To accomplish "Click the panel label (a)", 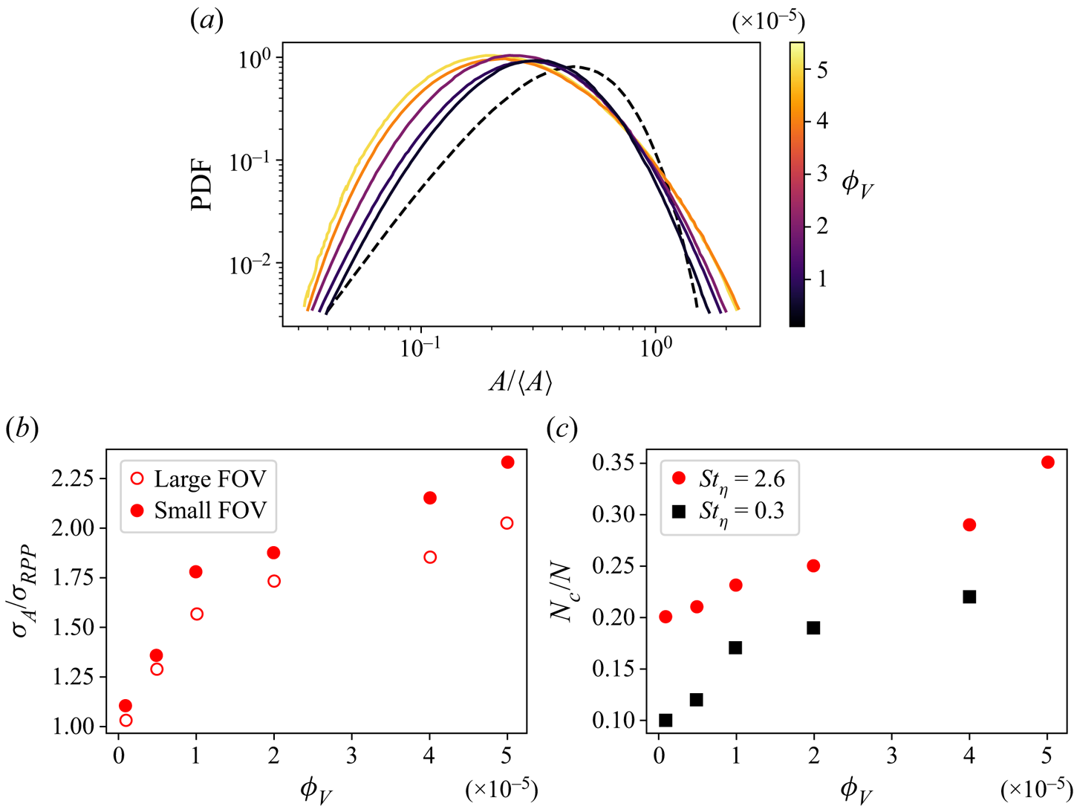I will (x=207, y=20).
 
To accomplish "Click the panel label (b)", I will (x=22, y=429).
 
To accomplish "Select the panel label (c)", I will (x=562, y=429).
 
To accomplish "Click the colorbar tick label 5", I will (x=822, y=69).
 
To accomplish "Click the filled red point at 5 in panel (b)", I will (x=507, y=462).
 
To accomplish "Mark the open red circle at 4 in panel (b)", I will (x=429, y=557).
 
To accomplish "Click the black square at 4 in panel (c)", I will (x=969, y=597).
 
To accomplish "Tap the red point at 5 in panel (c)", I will (x=1048, y=462).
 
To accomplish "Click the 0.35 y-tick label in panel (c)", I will (x=613, y=464).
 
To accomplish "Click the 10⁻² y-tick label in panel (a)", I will (x=250, y=264).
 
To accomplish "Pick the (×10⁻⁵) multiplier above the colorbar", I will (x=768, y=22).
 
